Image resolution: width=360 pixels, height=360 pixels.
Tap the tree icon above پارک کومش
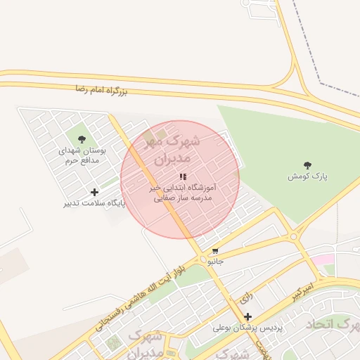tap(307, 165)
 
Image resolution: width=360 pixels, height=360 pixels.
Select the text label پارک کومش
tap(308, 176)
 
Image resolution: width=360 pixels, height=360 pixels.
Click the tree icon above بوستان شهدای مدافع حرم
tap(82, 139)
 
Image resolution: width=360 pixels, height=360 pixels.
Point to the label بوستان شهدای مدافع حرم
tap(82, 156)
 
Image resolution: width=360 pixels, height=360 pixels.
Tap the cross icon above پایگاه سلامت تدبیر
tap(95, 191)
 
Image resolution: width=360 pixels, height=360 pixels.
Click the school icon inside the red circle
tap(183, 177)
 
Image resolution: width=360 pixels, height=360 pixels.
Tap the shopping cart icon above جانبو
tap(215, 250)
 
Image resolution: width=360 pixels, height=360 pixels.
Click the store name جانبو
tap(215, 261)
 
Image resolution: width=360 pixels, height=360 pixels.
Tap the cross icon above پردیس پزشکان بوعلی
tap(247, 316)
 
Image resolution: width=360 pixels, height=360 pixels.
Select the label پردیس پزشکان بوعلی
tap(247, 328)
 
